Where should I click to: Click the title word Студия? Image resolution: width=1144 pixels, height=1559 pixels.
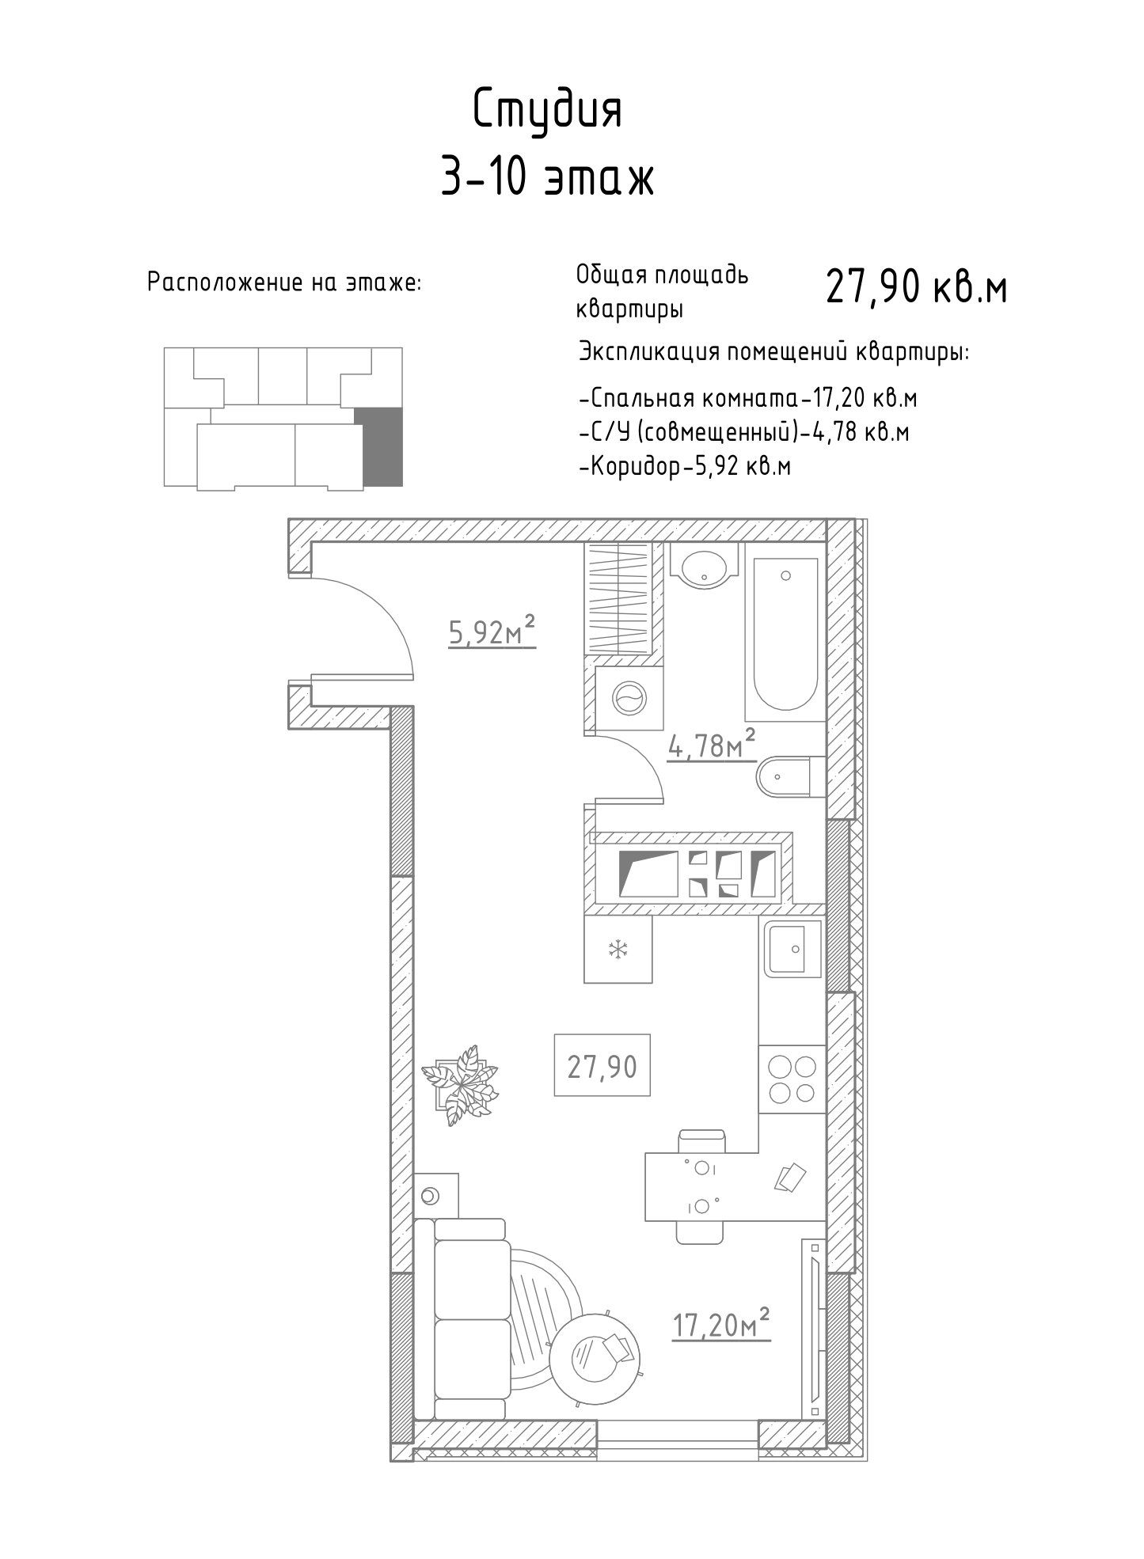coord(548,111)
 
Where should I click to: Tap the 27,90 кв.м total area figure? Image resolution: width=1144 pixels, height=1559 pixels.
coord(916,286)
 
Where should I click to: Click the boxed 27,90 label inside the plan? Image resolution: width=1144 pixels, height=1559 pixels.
coord(602,1066)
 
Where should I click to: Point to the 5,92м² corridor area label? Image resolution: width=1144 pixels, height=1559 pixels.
coord(492,632)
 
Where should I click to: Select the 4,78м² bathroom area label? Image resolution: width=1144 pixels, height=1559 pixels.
coord(712,745)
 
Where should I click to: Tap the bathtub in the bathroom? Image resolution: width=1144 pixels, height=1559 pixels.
coord(785,635)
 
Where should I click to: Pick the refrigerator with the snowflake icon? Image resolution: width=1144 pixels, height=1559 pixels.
coord(618,950)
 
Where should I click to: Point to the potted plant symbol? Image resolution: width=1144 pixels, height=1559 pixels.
coord(461,1084)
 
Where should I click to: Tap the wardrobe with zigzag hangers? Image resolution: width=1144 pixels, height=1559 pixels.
coord(618,599)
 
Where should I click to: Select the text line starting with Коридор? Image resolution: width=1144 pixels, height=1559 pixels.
coord(686,467)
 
